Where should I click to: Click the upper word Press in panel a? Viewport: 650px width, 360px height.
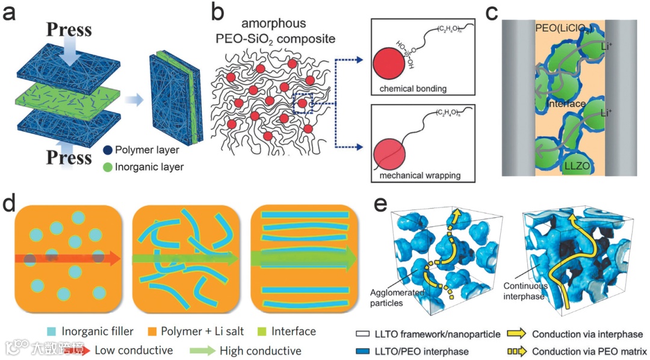(x=69, y=29)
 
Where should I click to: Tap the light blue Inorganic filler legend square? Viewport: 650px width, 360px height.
(x=52, y=331)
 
